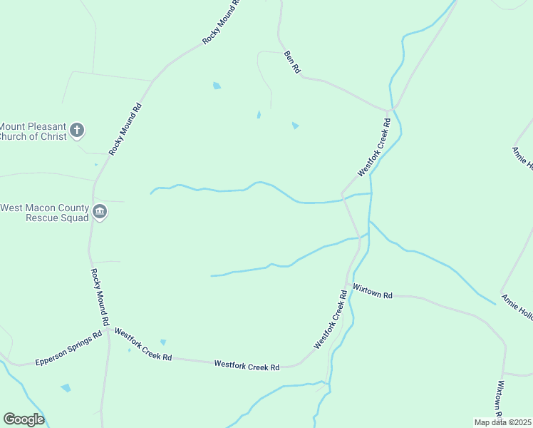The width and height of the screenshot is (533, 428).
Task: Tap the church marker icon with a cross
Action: tap(78, 131)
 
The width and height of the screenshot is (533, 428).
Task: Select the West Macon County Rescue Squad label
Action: tap(44, 213)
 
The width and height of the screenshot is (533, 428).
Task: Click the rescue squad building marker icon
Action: tap(100, 212)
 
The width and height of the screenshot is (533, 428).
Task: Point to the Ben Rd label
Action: tap(292, 62)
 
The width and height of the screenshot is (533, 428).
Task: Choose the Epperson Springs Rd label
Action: tap(68, 351)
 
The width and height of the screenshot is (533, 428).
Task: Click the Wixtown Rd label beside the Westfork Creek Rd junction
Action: tap(373, 294)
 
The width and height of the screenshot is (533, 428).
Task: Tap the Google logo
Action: tap(24, 419)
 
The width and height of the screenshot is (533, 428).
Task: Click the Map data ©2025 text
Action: tap(502, 422)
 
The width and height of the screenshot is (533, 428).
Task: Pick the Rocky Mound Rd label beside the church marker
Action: tap(125, 129)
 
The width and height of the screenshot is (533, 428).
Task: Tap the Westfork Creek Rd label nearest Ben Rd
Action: tap(376, 149)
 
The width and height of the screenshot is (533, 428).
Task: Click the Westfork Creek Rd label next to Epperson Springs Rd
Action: tap(143, 344)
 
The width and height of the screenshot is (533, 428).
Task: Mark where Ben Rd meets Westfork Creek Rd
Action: tap(390, 111)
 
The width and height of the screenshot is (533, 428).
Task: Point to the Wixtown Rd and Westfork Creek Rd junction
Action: tap(348, 287)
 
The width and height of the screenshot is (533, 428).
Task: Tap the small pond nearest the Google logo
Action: tap(66, 388)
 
